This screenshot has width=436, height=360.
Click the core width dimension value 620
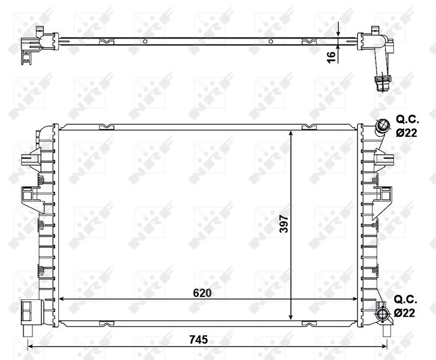201,293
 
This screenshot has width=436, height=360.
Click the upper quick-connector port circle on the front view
382,126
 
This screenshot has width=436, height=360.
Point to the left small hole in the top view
145,41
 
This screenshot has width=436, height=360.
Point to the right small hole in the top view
270,41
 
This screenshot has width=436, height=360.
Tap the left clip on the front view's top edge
106,127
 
